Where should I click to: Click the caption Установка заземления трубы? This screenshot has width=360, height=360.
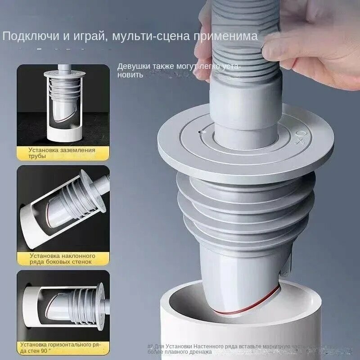62,153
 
